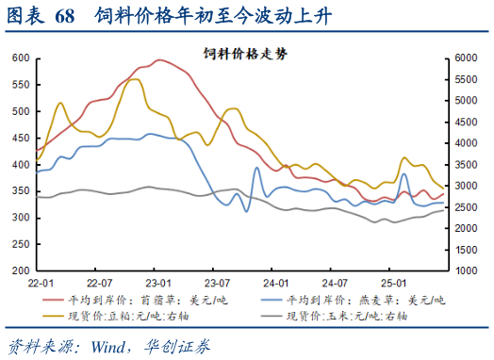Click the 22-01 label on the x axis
point(41,283)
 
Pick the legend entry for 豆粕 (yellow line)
point(133,317)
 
